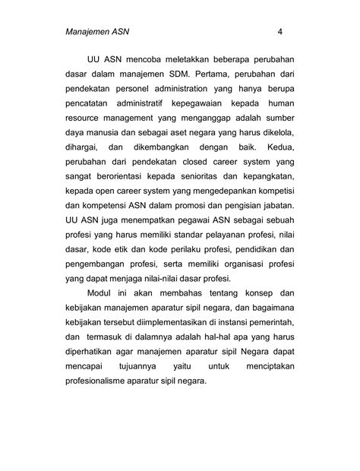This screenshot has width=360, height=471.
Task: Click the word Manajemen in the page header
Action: [85, 33]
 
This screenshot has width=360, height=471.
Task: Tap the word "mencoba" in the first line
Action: [150, 58]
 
